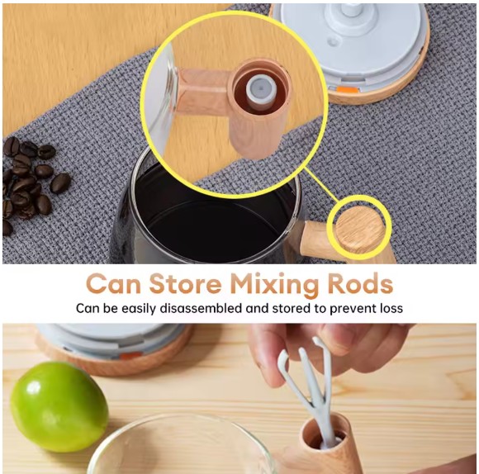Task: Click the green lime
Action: click(x=59, y=407)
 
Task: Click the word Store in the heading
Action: click(x=185, y=284)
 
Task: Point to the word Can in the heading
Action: click(x=113, y=284)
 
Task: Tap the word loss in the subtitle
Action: click(x=391, y=308)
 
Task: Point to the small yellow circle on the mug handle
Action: click(x=359, y=229)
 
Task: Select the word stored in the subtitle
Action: click(x=290, y=308)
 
